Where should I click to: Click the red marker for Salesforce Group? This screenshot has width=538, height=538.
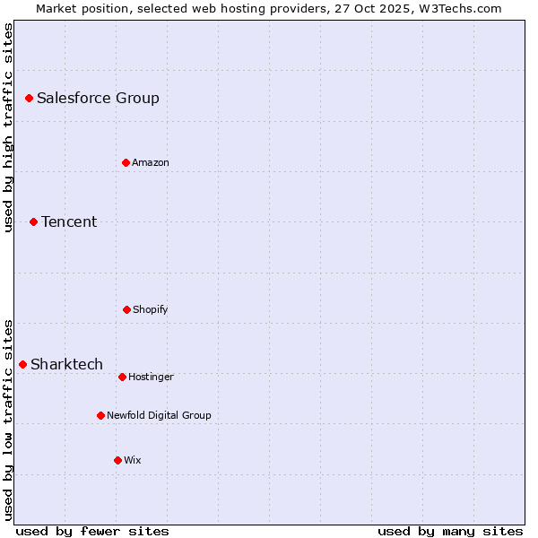[x=29, y=98]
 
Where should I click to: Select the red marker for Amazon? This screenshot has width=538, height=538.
[x=126, y=162]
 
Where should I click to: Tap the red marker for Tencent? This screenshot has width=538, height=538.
[x=33, y=221]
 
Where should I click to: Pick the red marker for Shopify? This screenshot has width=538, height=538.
[x=126, y=309]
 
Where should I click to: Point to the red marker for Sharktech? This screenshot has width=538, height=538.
[x=22, y=364]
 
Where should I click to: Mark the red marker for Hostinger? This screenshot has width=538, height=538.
[x=122, y=377]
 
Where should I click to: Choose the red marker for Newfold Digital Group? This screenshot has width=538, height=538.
[x=100, y=415]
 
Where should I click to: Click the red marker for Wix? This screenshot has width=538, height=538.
[x=117, y=460]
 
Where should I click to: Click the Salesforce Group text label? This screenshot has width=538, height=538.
[x=98, y=98]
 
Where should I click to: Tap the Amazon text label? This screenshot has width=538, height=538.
[x=151, y=162]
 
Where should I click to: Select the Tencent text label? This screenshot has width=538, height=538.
[x=69, y=221]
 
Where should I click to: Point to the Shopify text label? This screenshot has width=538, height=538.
[x=151, y=309]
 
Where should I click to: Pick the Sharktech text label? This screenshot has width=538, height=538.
[x=66, y=364]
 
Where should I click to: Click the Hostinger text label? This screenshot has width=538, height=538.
[x=151, y=377]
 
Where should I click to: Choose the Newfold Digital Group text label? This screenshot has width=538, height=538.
[x=159, y=415]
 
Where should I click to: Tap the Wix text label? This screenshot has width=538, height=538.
[x=133, y=460]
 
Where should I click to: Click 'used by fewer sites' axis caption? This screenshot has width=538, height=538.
[x=92, y=531]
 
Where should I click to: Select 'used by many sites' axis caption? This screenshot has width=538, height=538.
[x=450, y=531]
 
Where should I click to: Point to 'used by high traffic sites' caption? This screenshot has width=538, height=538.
[x=8, y=127]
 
